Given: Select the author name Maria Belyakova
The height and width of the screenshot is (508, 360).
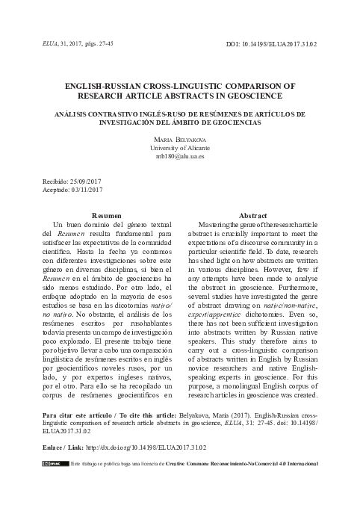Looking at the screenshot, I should pos(179,140).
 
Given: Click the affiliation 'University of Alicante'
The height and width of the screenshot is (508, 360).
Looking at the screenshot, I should pos(179,149).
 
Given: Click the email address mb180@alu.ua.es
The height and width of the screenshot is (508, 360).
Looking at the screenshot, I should pos(179,158).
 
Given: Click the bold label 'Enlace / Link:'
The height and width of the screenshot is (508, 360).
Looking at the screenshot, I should pos(63,447).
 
